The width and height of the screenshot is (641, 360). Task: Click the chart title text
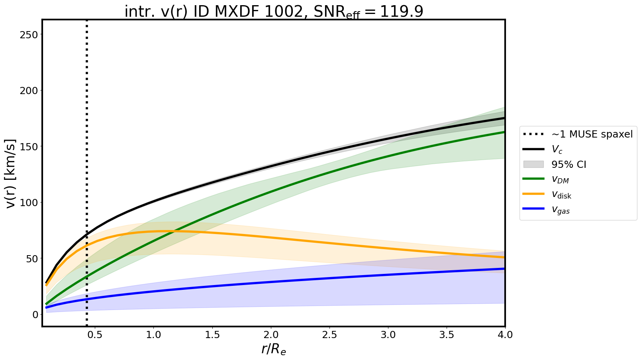coord(274,12)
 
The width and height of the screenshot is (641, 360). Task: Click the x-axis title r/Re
coord(274,349)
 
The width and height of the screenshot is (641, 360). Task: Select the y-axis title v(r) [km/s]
coord(11,173)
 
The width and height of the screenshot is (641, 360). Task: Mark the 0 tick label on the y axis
coord(35,315)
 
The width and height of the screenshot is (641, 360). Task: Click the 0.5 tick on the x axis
coord(94,335)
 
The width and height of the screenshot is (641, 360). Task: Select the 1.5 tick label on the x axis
coord(212,335)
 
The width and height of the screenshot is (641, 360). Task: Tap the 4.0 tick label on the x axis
coord(505,335)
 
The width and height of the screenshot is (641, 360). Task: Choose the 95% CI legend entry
coord(568,164)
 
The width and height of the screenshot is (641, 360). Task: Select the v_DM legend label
coord(560,179)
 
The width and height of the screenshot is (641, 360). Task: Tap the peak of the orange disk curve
coord(163,231)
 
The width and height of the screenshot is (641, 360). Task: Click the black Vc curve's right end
coord(504,118)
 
